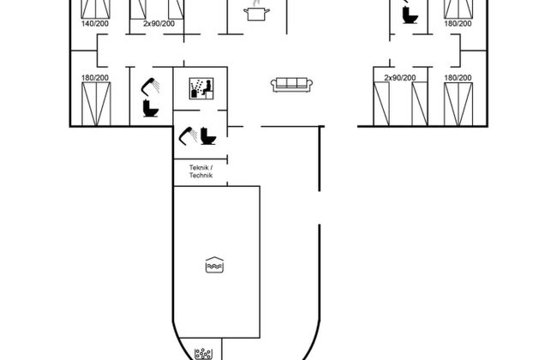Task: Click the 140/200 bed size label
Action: click(95, 23)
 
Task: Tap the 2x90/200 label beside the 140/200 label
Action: click(159, 23)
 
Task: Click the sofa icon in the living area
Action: click(291, 85)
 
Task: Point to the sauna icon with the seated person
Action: click(201, 88)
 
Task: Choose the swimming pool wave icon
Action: click(214, 265)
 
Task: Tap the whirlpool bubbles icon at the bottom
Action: click(204, 354)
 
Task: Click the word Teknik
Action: click(199, 167)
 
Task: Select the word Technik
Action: click(201, 175)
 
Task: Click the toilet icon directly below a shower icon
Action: click(151, 108)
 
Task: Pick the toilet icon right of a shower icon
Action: click(208, 136)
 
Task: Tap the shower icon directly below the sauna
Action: click(188, 135)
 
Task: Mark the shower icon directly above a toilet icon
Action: click(151, 87)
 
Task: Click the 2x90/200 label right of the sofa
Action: click(400, 77)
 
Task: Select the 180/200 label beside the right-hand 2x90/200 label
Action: click(458, 77)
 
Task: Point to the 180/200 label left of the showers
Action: click(95, 77)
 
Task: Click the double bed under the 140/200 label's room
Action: click(96, 104)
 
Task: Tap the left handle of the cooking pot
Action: click(246, 11)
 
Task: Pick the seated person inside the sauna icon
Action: click(207, 87)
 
